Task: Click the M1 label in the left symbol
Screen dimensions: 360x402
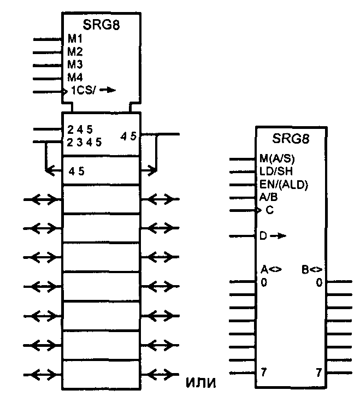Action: coord(75,40)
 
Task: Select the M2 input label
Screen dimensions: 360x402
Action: coord(75,52)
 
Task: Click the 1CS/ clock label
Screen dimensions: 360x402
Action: coord(84,91)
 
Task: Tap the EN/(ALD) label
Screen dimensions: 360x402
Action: coord(284,185)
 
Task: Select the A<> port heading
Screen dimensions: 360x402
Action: coord(269,269)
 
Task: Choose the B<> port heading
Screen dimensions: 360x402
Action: coord(312,269)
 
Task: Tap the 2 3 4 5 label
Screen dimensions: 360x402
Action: coord(85,142)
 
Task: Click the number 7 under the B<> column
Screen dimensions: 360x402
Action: coord(318,373)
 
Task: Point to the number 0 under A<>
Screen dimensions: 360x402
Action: coord(264,282)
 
